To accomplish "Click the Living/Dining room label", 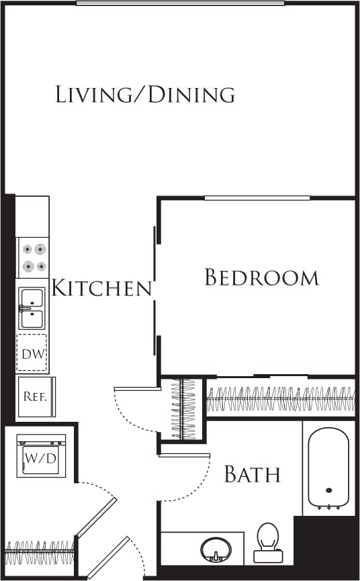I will tap(145, 94).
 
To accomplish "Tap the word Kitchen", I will tap(101, 289).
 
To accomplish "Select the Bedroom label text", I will tap(261, 277).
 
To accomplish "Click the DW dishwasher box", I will tap(32, 353).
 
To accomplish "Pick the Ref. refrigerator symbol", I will tap(34, 396).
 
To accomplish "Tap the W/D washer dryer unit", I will tap(41, 457).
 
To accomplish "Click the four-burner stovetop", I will tap(33, 257).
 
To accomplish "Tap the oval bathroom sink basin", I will tap(216, 549).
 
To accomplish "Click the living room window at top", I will tap(180, 3).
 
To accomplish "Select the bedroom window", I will tap(257, 197).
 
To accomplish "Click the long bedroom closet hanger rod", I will tap(280, 399).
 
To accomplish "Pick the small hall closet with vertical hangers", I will tap(183, 409).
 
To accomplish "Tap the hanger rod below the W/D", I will tap(39, 551).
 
